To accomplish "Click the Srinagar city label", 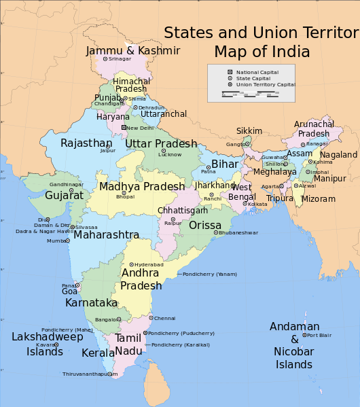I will [x=120, y=59].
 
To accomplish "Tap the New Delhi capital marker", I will [x=124, y=127].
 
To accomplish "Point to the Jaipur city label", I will [x=108, y=150].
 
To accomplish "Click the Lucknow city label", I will [x=170, y=155].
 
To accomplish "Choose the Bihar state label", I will [x=225, y=164].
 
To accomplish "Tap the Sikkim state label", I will [x=249, y=130].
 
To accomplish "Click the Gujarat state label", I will [x=65, y=195].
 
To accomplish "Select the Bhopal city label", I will [x=125, y=196].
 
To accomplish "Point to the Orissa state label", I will [x=205, y=225].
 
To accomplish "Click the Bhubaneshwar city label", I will [x=239, y=233].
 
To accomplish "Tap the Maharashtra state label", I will [x=106, y=235].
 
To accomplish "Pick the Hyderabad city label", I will [x=149, y=264].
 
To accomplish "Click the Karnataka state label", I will [x=92, y=302].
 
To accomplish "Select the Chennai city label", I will [x=165, y=318].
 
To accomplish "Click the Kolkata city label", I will [x=258, y=204].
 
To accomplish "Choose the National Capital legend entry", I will [x=256, y=72].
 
